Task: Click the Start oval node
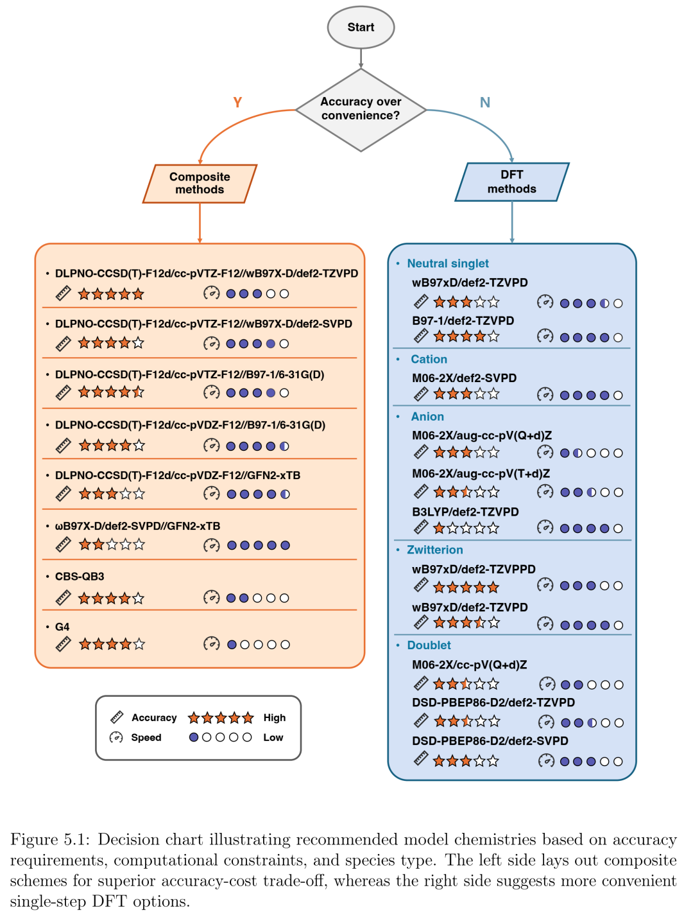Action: (x=361, y=27)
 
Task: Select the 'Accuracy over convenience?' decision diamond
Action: (x=361, y=110)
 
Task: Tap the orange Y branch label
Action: (x=237, y=102)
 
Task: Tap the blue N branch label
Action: (x=484, y=102)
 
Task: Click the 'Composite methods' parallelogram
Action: (x=200, y=184)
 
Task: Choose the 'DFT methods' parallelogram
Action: (x=512, y=182)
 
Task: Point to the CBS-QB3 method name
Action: (x=80, y=576)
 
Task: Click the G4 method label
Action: (x=62, y=627)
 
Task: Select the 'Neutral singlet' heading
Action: (x=447, y=263)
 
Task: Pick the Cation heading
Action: (x=429, y=359)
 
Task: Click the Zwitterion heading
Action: (x=435, y=550)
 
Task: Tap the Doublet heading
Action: (x=429, y=645)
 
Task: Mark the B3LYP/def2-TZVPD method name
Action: (x=465, y=512)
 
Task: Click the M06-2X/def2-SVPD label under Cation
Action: (x=464, y=378)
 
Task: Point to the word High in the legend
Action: (x=274, y=717)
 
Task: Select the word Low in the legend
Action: (x=273, y=737)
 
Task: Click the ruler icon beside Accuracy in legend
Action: (x=117, y=717)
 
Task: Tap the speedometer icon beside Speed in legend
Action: (x=116, y=737)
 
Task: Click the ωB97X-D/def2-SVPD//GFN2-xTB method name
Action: (x=137, y=526)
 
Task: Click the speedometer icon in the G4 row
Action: (x=211, y=644)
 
